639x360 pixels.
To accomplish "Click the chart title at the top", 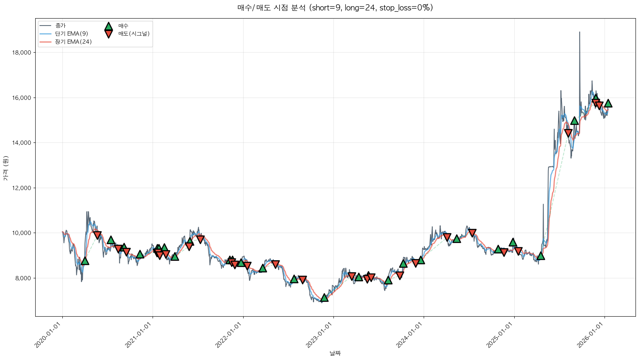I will coord(335,8).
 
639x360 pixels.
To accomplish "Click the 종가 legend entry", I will coord(60,26).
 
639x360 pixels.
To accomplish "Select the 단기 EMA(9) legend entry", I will coord(71,34).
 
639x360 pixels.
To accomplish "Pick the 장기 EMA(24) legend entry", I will coord(73,42).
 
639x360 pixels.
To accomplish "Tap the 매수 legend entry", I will coord(123,26).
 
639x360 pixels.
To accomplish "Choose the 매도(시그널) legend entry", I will coord(134,34).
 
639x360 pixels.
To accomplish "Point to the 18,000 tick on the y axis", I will coord(22,53).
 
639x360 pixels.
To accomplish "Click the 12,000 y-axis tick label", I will coord(22,188).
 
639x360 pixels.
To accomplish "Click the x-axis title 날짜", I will coord(335,353).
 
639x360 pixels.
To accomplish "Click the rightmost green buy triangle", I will coord(608,103).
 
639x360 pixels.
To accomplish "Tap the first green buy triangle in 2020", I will coord(85,261).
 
